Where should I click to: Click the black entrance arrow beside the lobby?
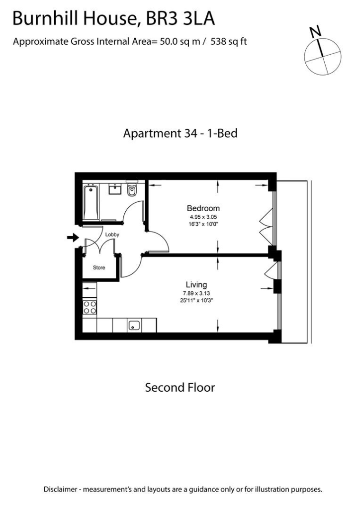(x=73, y=238)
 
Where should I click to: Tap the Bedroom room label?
(x=203, y=208)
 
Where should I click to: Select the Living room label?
(x=196, y=285)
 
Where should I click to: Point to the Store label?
(x=99, y=267)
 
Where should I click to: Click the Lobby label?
(x=111, y=234)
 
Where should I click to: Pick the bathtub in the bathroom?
(x=90, y=202)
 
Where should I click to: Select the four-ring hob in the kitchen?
(x=90, y=307)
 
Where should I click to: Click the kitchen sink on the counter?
(x=134, y=326)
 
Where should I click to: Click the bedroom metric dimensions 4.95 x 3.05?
(x=203, y=217)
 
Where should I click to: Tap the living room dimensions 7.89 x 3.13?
(x=196, y=293)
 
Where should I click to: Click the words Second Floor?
(x=180, y=387)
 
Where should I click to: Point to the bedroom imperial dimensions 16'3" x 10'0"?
(x=203, y=224)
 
